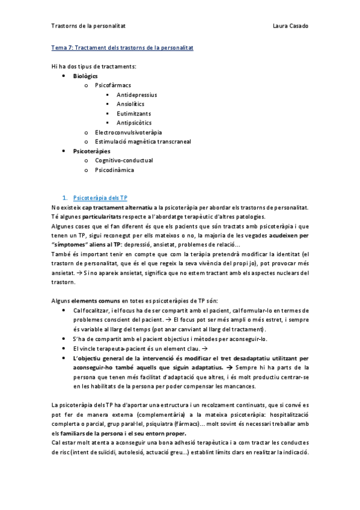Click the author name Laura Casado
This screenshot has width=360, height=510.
coord(290,26)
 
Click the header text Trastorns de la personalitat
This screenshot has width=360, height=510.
coord(88,26)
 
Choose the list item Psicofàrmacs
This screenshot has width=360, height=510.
coord(113,86)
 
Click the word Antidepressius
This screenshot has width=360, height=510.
coord(136,95)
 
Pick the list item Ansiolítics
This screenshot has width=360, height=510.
coord(130,104)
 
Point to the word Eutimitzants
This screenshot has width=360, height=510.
coord(133,113)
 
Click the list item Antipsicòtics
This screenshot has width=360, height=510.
coord(134,123)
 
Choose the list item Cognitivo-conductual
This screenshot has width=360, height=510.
coord(124,160)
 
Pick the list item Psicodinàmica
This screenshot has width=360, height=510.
coord(114,170)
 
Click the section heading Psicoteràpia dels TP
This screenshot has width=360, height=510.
coord(100,198)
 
